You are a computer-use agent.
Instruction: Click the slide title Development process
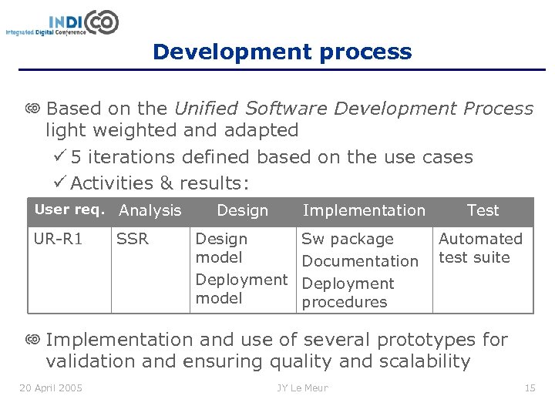[282, 52]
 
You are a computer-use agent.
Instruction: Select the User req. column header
[72, 210]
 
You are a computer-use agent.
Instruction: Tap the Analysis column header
[150, 210]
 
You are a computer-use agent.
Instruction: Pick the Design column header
[242, 210]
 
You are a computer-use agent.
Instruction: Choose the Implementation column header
[364, 210]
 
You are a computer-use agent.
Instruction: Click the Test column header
[483, 210]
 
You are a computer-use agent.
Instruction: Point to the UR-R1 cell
[58, 239]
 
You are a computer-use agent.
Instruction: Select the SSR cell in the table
[132, 239]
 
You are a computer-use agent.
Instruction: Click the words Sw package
[347, 239]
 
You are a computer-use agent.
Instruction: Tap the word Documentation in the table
[359, 261]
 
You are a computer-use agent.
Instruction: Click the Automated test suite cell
[479, 248]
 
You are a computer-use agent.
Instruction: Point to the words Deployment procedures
[347, 293]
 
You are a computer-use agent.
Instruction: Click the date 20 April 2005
[51, 387]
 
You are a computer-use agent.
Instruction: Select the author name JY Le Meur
[302, 387]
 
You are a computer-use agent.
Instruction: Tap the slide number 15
[530, 387]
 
